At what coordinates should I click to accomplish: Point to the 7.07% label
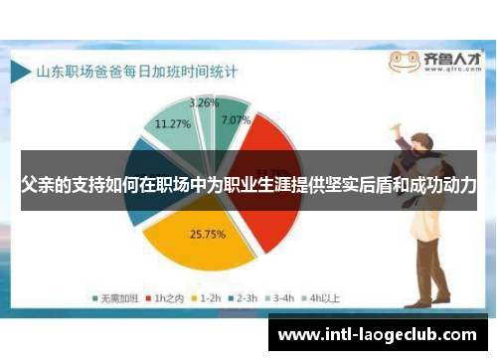(237, 121)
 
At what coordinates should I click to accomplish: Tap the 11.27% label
(171, 124)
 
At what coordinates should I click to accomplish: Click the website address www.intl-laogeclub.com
(382, 334)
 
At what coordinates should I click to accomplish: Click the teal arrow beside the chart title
(21, 72)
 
